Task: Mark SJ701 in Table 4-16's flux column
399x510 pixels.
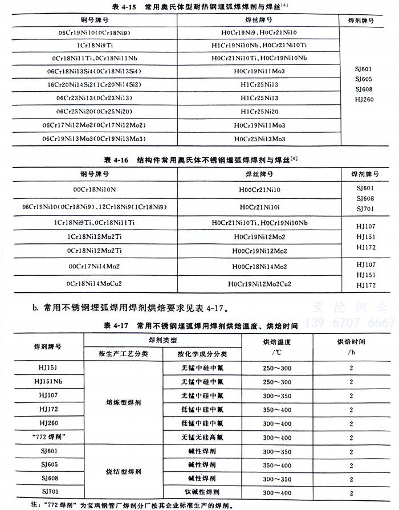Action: (364, 209)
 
